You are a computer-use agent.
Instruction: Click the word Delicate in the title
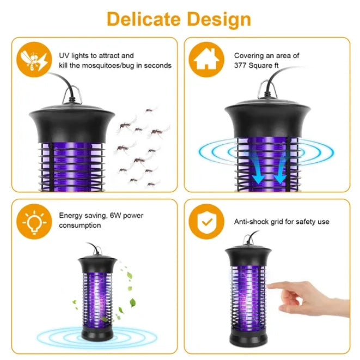tap(144, 19)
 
